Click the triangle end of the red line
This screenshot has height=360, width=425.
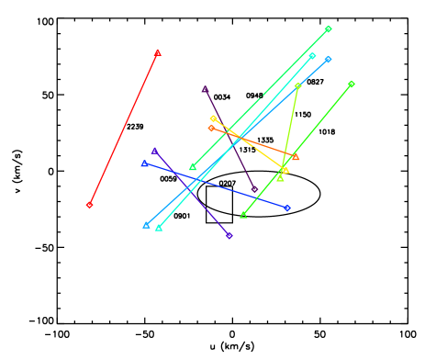click(158, 52)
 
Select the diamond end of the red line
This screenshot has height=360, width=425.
click(89, 205)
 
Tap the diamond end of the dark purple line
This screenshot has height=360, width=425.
click(255, 190)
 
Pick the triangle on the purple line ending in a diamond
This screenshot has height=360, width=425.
click(205, 89)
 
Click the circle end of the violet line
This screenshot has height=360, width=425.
click(229, 236)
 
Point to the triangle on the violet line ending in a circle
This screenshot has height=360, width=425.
click(154, 151)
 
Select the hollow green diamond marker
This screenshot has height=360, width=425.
click(328, 29)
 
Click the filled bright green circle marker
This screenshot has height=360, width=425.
click(352, 84)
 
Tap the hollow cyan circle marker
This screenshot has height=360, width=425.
click(312, 56)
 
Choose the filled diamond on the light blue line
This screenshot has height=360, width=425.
click(328, 59)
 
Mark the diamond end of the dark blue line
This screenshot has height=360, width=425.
click(287, 208)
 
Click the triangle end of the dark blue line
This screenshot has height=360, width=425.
click(144, 163)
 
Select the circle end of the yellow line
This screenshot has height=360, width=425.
click(213, 118)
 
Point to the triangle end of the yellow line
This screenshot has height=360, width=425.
click(285, 170)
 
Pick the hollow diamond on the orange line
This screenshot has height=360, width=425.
click(211, 128)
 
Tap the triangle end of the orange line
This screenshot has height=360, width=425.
click(296, 157)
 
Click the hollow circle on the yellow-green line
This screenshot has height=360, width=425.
click(298, 85)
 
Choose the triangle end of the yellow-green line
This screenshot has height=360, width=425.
click(280, 178)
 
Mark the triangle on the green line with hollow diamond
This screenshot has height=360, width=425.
click(192, 167)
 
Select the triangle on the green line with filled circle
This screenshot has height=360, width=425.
click(243, 215)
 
